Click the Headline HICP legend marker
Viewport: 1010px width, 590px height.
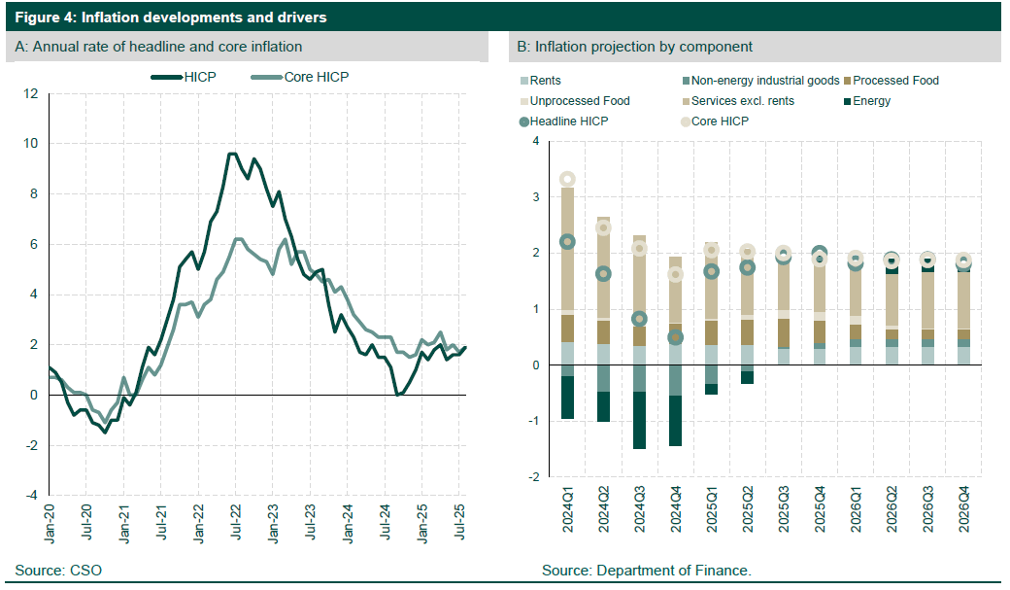[x=524, y=121]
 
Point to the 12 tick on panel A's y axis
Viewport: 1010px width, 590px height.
[x=31, y=93]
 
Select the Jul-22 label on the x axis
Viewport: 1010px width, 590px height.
[x=235, y=516]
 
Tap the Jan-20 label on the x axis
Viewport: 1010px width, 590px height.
[x=49, y=516]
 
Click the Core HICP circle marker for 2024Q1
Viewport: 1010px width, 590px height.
[x=568, y=179]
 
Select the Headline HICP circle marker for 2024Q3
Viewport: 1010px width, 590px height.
[x=640, y=319]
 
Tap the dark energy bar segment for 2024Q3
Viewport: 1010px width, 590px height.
[x=640, y=420]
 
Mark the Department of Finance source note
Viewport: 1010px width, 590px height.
[x=647, y=570]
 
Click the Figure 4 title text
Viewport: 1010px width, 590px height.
[x=171, y=17]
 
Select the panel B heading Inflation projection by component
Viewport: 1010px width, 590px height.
[x=634, y=47]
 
